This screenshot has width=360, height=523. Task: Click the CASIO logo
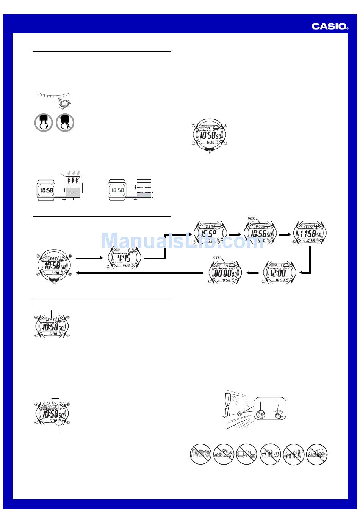tap(330, 26)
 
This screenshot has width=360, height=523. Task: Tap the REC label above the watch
tap(251, 218)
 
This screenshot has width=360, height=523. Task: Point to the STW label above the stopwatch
tap(216, 258)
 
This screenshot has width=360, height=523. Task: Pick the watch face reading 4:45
tap(124, 258)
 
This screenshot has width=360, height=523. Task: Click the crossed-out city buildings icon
tap(200, 454)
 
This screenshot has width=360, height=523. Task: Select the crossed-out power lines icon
tap(293, 454)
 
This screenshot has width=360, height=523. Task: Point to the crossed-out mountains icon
tap(317, 454)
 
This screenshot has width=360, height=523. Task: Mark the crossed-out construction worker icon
tap(270, 454)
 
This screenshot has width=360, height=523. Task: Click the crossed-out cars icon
tap(224, 454)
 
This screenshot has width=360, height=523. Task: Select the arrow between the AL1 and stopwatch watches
tap(252, 272)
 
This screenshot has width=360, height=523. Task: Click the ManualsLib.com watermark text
tap(182, 240)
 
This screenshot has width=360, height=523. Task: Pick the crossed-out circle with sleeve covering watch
tap(65, 123)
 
